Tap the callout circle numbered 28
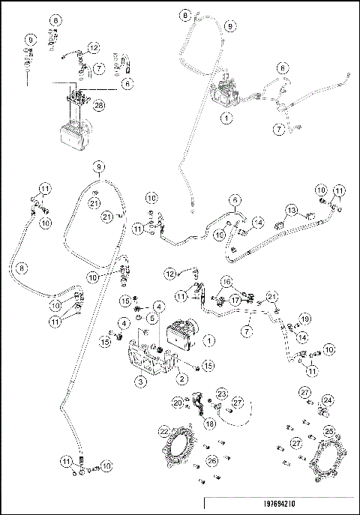click(x=98, y=106)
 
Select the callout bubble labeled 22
click(x=164, y=432)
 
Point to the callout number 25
click(x=328, y=432)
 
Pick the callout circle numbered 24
click(x=328, y=400)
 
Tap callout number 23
click(x=221, y=394)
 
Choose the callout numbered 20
click(x=177, y=403)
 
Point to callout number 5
click(x=151, y=318)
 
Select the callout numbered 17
click(x=236, y=298)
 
